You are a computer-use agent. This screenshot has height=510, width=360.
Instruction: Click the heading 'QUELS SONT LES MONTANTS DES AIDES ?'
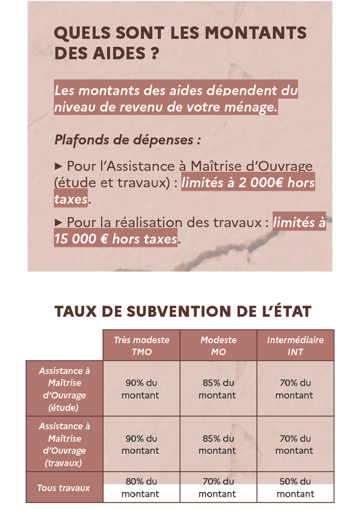pyautogui.click(x=179, y=43)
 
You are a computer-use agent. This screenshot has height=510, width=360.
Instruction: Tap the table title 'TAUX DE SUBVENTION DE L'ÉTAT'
pyautogui.click(x=182, y=311)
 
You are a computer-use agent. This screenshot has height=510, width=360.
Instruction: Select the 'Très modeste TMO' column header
pyautogui.click(x=141, y=346)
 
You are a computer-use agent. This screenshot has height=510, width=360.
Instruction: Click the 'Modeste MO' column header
pyautogui.click(x=218, y=346)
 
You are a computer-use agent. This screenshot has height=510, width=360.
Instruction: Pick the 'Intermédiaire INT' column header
pyautogui.click(x=295, y=346)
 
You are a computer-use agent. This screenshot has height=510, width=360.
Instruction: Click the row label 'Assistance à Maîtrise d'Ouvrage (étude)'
pyautogui.click(x=64, y=389)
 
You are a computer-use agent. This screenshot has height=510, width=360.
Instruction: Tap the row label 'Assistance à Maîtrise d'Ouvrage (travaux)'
pyautogui.click(x=64, y=444)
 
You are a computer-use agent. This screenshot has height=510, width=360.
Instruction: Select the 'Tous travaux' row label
pyautogui.click(x=64, y=488)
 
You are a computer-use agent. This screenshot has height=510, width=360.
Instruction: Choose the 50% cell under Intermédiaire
pyautogui.click(x=295, y=488)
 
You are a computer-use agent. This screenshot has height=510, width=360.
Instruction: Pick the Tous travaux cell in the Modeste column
pyautogui.click(x=218, y=488)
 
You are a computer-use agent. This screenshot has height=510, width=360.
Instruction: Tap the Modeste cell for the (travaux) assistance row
pyautogui.click(x=218, y=444)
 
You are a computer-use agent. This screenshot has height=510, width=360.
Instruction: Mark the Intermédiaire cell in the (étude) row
pyautogui.click(x=295, y=389)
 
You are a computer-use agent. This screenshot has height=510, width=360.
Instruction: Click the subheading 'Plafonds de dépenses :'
pyautogui.click(x=127, y=140)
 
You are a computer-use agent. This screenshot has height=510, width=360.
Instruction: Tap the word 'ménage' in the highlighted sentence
pyautogui.click(x=251, y=108)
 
